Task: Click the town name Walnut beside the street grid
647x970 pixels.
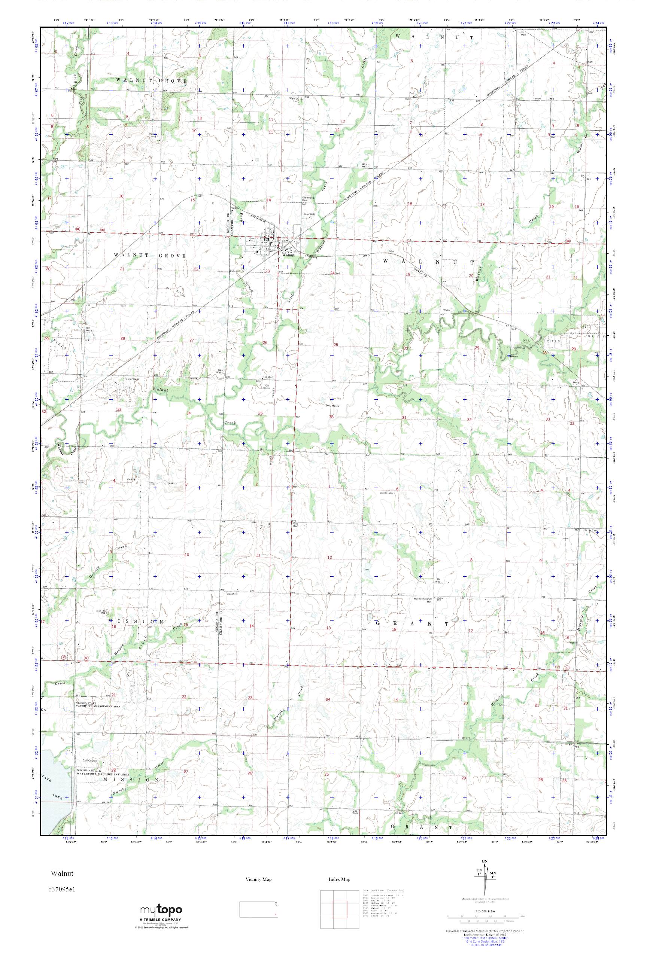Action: (288, 255)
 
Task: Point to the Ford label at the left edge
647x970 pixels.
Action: (54, 159)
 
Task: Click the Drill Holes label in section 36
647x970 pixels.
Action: (332, 405)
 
